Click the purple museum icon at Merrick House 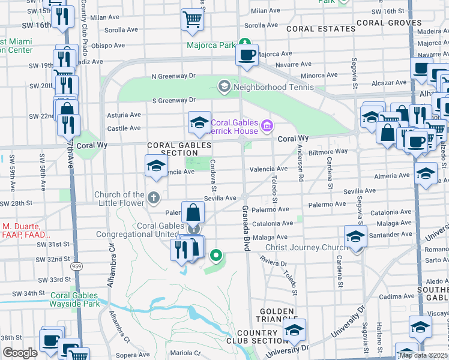coord(268,127)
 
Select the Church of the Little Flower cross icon coord(154,197)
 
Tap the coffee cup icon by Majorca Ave coord(247,55)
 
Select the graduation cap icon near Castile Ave coord(199,123)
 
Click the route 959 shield coord(74,265)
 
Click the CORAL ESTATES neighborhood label coord(321,28)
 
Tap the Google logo coord(19,353)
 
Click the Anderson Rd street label coord(299,166)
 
